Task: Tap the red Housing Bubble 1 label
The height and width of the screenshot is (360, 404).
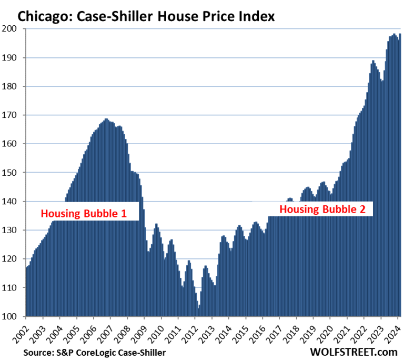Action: [84, 214]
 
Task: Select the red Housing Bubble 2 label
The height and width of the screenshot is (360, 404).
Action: [322, 209]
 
